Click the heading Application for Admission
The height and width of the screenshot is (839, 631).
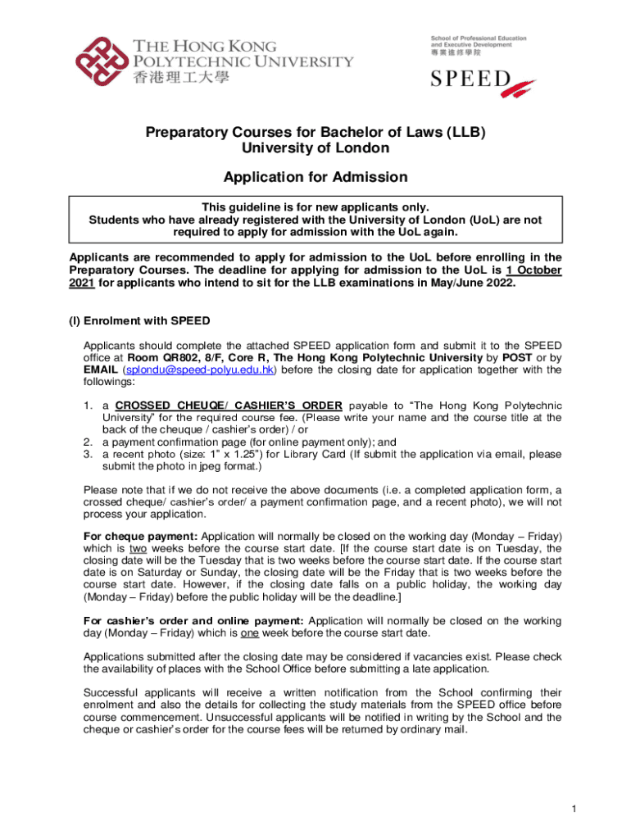click(x=315, y=177)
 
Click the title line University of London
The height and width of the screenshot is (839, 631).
click(x=315, y=148)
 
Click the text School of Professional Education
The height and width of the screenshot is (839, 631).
click(x=479, y=39)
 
